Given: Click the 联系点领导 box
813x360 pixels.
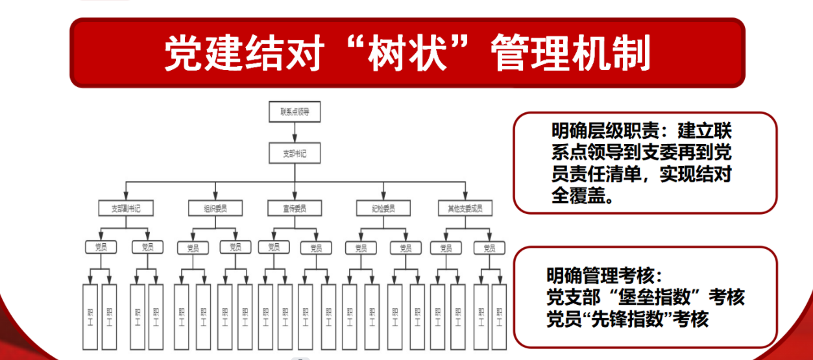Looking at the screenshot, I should [x=295, y=112].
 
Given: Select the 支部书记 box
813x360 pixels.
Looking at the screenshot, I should [x=295, y=154].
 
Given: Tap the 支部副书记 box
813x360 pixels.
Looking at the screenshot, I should [x=125, y=208].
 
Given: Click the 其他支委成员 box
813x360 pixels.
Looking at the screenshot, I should [x=465, y=208].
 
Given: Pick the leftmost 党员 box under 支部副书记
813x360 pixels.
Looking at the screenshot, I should [x=101, y=247].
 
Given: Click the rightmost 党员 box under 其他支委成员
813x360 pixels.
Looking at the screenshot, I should [x=489, y=248].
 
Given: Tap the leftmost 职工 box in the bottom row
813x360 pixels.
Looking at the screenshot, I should [x=90, y=317].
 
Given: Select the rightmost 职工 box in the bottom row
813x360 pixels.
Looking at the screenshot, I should [x=498, y=317].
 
